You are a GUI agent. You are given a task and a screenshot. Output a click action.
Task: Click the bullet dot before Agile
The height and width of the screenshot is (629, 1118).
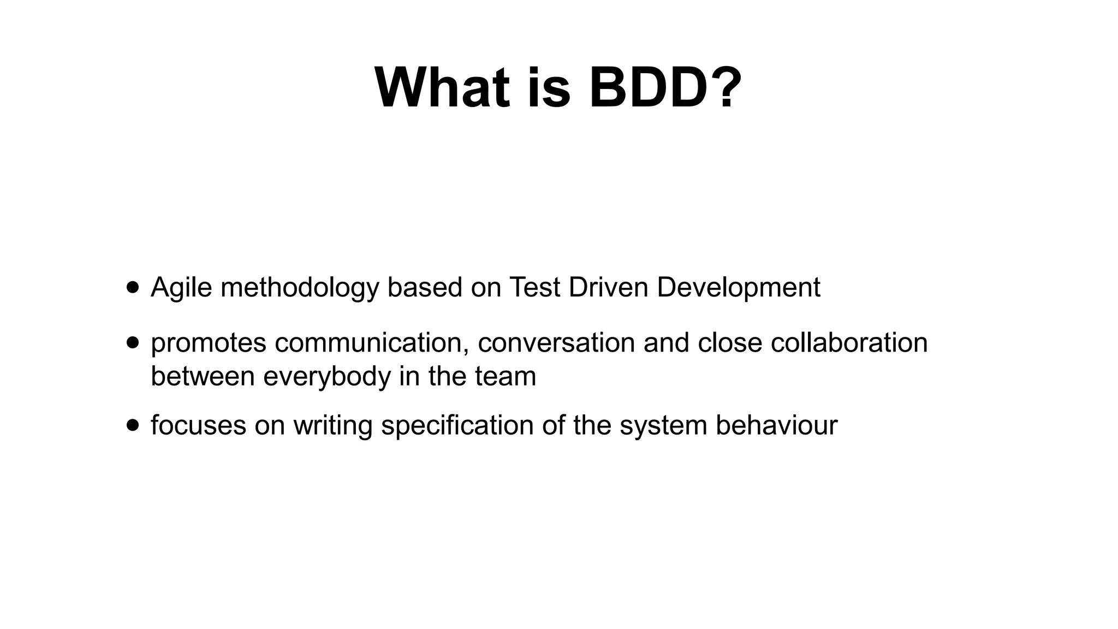(132, 287)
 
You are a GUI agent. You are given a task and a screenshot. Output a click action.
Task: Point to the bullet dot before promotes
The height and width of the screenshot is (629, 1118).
(132, 342)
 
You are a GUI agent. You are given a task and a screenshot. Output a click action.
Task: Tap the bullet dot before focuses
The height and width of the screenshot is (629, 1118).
(132, 425)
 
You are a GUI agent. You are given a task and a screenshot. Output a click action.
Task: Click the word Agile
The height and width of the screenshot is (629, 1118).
(181, 288)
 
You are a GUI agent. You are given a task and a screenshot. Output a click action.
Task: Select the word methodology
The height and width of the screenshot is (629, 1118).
(300, 288)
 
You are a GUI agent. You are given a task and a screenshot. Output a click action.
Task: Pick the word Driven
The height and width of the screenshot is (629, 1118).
(608, 287)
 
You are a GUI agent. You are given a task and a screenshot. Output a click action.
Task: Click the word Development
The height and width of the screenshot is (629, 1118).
(738, 288)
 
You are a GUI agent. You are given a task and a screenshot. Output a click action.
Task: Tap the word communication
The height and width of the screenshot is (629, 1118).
(372, 343)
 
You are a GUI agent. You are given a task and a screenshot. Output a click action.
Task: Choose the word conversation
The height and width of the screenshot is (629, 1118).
(556, 343)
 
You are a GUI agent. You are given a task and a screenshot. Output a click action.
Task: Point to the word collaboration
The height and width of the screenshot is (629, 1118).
(849, 343)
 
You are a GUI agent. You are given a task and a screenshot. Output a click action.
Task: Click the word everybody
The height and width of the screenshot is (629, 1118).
(327, 377)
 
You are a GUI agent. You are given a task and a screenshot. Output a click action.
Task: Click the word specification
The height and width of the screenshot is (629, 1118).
(457, 425)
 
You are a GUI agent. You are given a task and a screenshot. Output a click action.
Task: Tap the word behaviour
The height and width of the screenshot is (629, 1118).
(776, 425)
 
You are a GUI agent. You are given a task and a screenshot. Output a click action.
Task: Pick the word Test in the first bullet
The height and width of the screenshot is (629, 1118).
(534, 287)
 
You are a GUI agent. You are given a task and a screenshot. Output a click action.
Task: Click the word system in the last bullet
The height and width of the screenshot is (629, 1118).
(663, 426)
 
